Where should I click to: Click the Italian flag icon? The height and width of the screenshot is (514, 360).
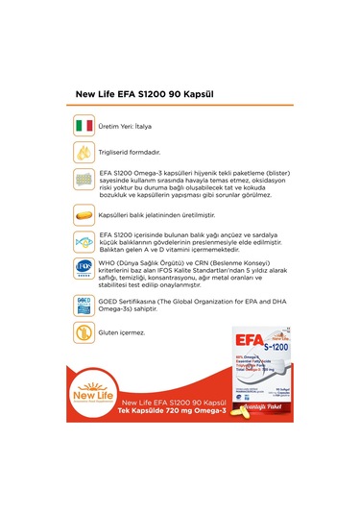point(83,126)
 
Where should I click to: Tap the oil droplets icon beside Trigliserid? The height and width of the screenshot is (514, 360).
point(83,152)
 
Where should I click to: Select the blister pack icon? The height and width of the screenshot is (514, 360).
point(83,182)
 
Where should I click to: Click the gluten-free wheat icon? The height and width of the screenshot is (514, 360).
point(83,332)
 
